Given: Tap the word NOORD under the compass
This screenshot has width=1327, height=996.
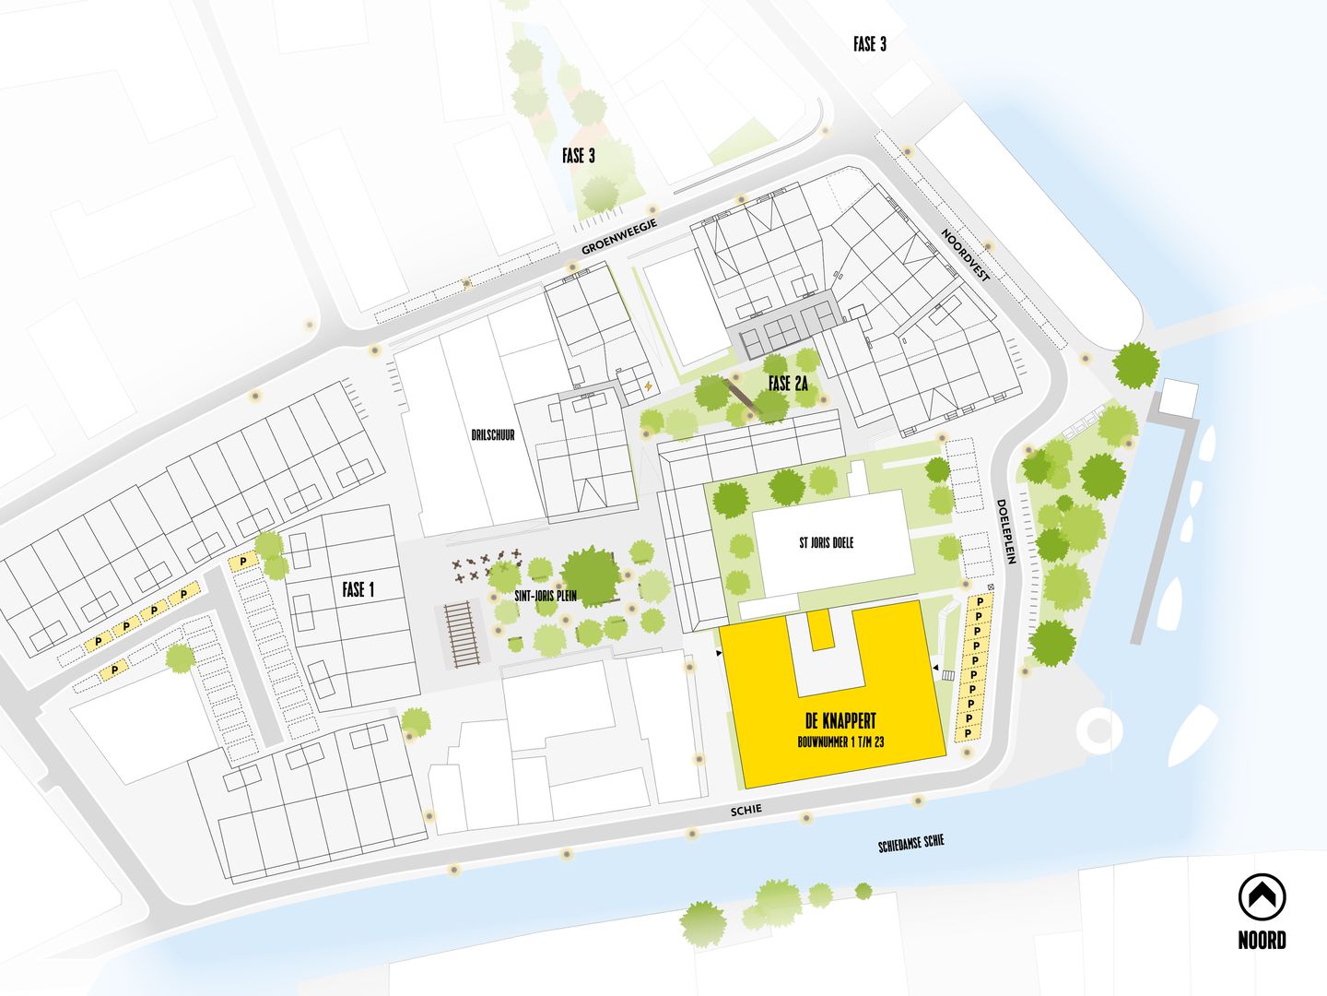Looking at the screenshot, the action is click(x=1262, y=941).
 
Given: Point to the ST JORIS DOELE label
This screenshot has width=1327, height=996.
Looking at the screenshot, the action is click(x=826, y=543).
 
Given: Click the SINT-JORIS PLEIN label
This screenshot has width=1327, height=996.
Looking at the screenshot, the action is click(x=546, y=596).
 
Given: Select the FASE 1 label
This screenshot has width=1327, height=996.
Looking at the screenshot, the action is click(x=358, y=589).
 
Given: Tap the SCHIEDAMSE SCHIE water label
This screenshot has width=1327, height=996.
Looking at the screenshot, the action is click(x=911, y=843).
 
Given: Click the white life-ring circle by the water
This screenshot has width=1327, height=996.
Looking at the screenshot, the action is click(x=1099, y=729).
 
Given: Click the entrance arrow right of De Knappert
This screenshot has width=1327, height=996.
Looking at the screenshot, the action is click(x=934, y=667).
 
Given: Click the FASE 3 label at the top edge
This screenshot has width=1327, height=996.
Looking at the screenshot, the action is click(x=869, y=43).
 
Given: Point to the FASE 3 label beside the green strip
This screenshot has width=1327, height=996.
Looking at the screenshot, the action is click(x=579, y=156).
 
